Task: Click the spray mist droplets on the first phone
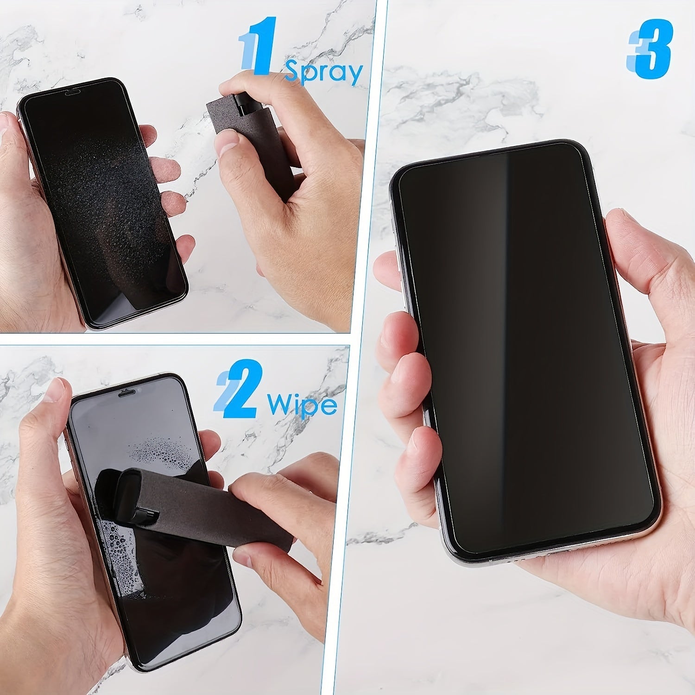[102, 195]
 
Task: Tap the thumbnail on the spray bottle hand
[227, 142]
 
